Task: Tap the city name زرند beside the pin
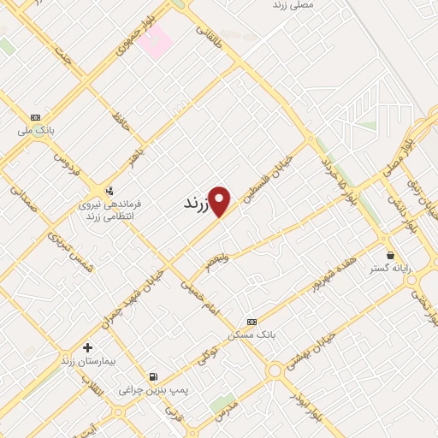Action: [196, 206]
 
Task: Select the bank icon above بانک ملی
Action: [35, 117]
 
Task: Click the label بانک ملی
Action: [37, 131]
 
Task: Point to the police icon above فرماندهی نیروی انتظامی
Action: [109, 191]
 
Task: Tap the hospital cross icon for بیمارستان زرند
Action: [87, 347]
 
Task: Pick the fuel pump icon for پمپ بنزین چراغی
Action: [152, 376]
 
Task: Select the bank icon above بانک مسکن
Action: [251, 322]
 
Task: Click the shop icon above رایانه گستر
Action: [391, 255]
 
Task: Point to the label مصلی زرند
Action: [293, 5]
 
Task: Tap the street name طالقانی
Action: [209, 33]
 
